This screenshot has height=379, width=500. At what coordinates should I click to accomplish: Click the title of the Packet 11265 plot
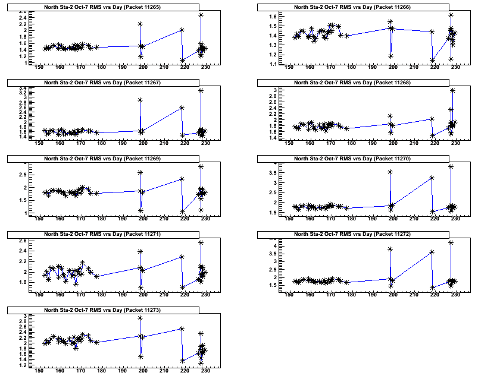coord(105,7)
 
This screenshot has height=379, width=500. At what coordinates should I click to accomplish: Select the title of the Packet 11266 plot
coord(355,7)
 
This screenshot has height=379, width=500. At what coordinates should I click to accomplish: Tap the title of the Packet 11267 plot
coord(105,83)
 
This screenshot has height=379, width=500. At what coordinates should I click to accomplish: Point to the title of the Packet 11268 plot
coord(355,83)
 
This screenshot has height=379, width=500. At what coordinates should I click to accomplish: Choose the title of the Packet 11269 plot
coord(105,159)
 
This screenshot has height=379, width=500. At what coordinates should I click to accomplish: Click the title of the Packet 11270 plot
coord(355,159)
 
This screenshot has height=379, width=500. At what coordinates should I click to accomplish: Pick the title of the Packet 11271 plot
coord(105,234)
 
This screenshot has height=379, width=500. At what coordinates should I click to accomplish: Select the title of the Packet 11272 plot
coord(355,234)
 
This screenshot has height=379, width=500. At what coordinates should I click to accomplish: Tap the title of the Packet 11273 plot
coord(105,310)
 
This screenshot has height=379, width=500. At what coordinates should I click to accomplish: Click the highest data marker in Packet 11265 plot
coord(201,15)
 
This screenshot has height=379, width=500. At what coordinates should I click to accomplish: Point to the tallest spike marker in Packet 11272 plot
coord(451,242)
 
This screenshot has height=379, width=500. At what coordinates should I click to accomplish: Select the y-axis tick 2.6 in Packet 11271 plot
coord(23,240)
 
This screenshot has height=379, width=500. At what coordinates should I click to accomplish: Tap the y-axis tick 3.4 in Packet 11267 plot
coord(23,89)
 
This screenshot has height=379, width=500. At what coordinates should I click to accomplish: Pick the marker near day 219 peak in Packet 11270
coord(432,178)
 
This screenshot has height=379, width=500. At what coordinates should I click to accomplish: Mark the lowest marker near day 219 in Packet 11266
coord(433,60)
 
